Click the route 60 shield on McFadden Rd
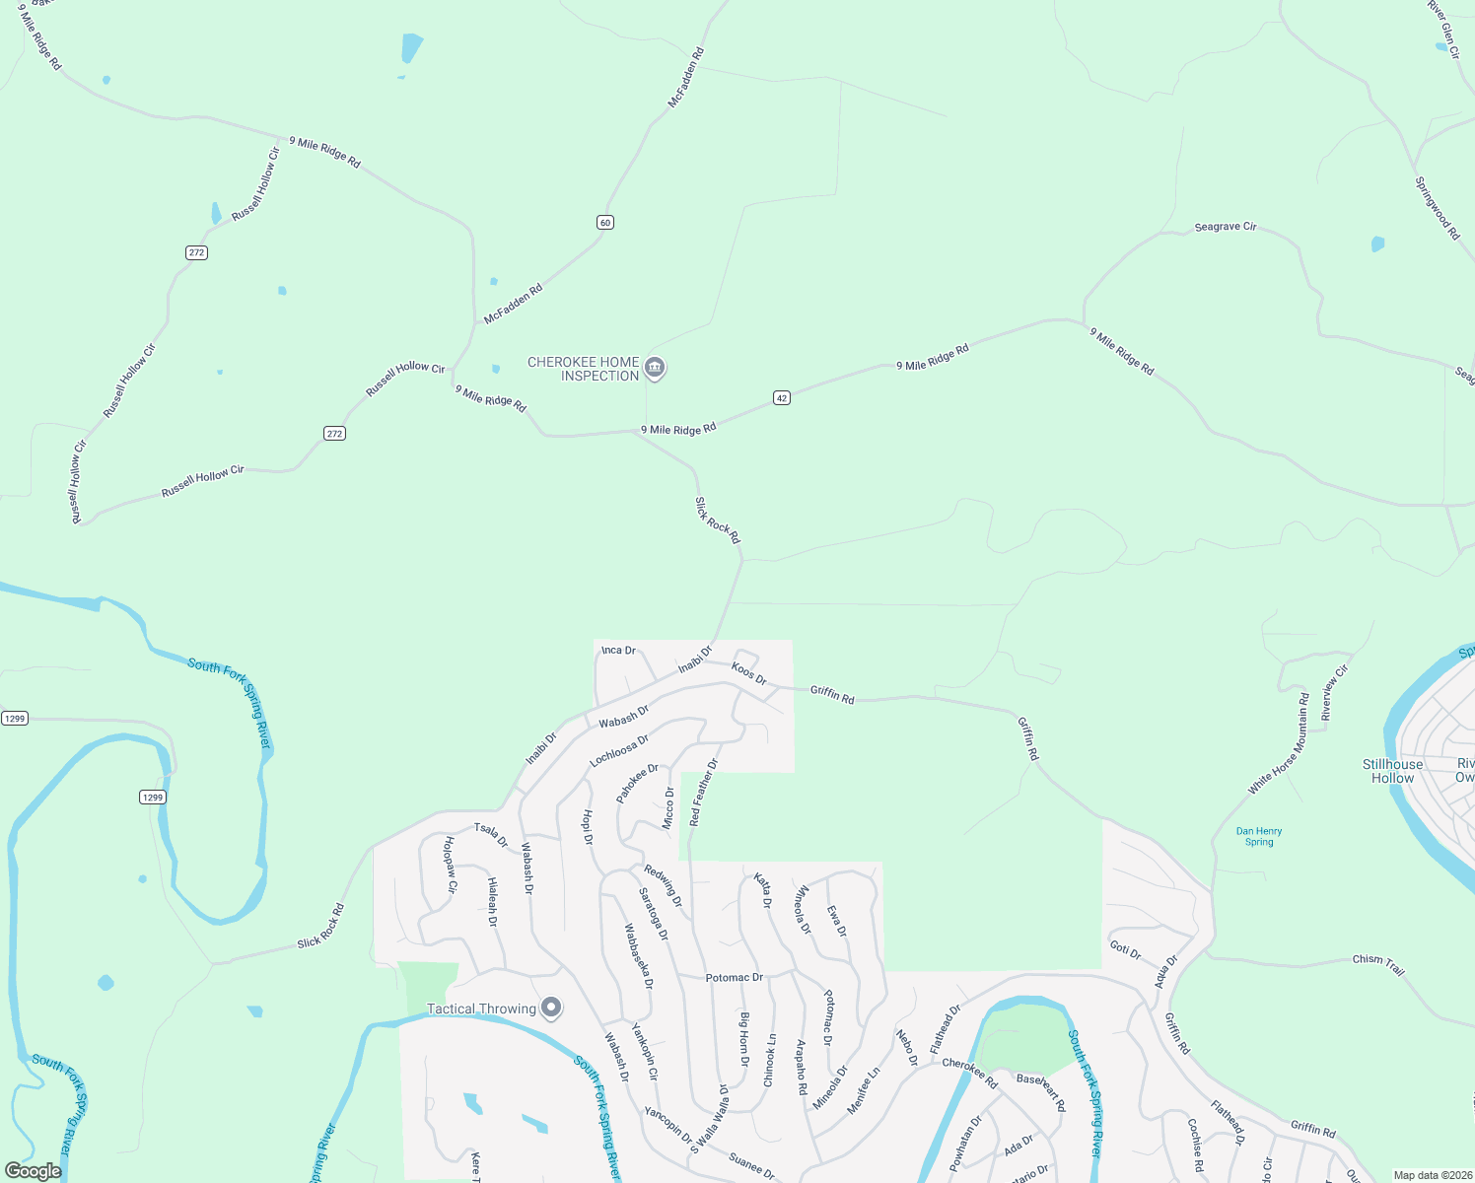point(605,223)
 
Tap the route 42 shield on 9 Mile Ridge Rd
point(782,398)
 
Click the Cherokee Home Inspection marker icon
point(655,369)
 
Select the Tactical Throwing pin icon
point(552,1008)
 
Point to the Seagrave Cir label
point(1225,227)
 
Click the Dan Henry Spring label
point(1259,837)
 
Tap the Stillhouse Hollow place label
point(1392,771)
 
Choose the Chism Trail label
point(1378,964)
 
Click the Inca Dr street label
point(618,651)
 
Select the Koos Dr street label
point(748,673)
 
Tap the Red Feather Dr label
point(704,793)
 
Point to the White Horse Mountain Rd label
point(1279,743)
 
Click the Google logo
point(34,1171)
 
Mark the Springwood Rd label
point(1437,208)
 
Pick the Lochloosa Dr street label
point(619,750)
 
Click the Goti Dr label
point(1125,950)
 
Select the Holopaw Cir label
point(451,865)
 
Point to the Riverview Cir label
point(1334,693)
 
